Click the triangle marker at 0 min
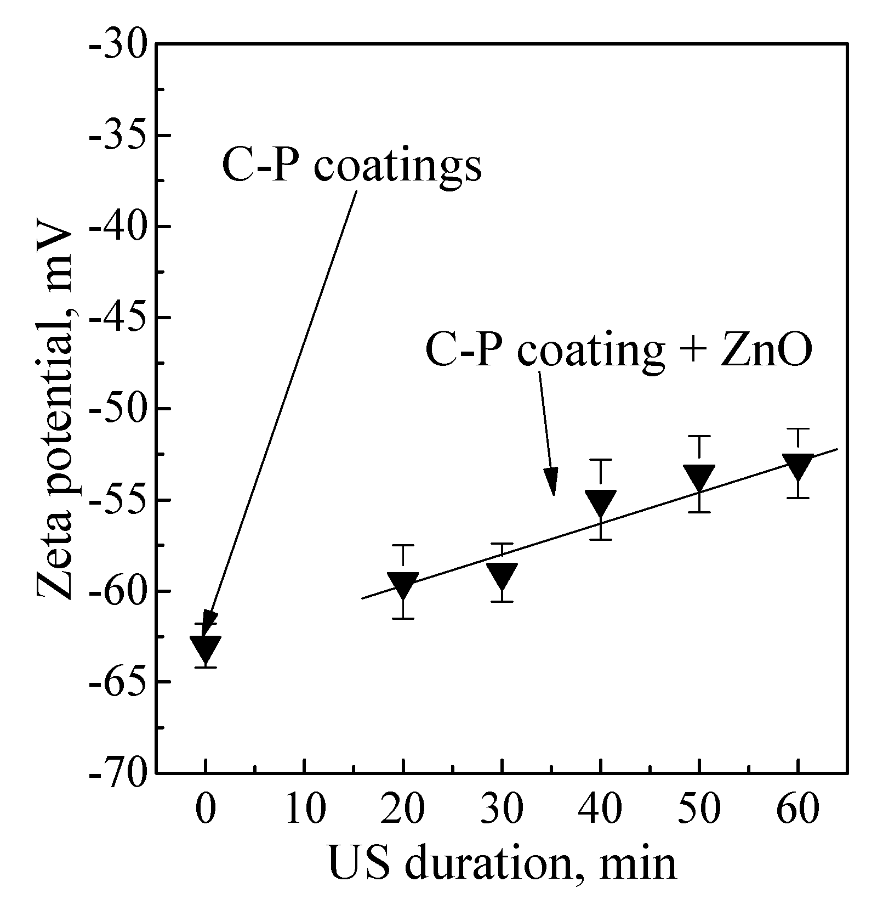pos(205,648)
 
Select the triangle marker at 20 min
pos(403,585)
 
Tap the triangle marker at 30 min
pos(502,575)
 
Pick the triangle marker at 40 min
pos(601,502)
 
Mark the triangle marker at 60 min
pos(798,466)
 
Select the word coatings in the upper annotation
pos(398,167)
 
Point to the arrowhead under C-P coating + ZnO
pos(552,483)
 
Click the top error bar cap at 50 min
pos(699,436)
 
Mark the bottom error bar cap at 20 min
pos(403,619)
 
